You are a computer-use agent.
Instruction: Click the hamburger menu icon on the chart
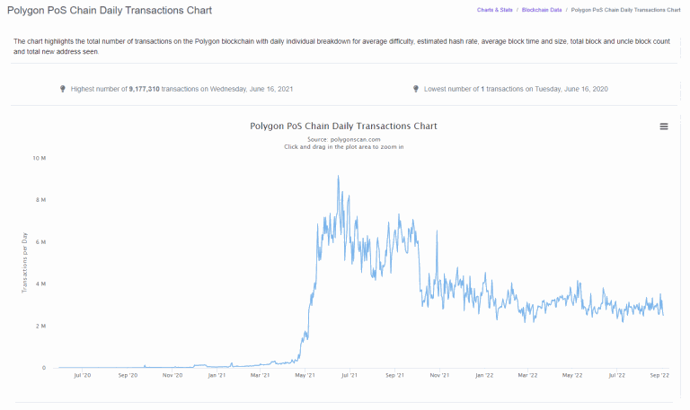tap(664, 126)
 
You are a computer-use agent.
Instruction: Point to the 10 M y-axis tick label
tap(40, 158)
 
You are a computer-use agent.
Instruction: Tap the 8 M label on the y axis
tap(40, 200)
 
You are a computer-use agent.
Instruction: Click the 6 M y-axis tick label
tap(40, 242)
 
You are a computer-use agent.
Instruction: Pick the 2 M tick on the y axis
tap(40, 326)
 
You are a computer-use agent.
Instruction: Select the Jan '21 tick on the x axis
tap(217, 375)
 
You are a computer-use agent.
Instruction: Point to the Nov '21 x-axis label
tap(440, 375)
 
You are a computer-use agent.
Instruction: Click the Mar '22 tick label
tap(528, 375)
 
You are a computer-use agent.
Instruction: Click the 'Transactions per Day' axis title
tap(25, 262)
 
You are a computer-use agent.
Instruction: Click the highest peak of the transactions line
tap(338, 176)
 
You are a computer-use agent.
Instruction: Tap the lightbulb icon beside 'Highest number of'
tap(62, 89)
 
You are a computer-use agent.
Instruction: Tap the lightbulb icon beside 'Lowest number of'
tap(416, 89)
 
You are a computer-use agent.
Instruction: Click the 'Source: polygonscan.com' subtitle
tap(344, 139)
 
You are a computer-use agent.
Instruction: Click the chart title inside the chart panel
tap(344, 126)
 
